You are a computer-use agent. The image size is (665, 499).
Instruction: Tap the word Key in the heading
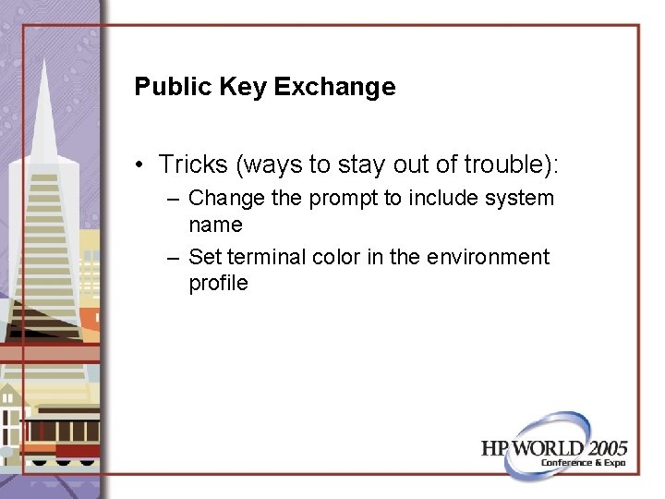point(240,87)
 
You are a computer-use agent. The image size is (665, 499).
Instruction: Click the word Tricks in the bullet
point(192,164)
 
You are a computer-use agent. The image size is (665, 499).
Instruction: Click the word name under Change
point(215,225)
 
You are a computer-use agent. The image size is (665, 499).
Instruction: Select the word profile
point(218,283)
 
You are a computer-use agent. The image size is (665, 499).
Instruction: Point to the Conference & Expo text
point(583,462)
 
